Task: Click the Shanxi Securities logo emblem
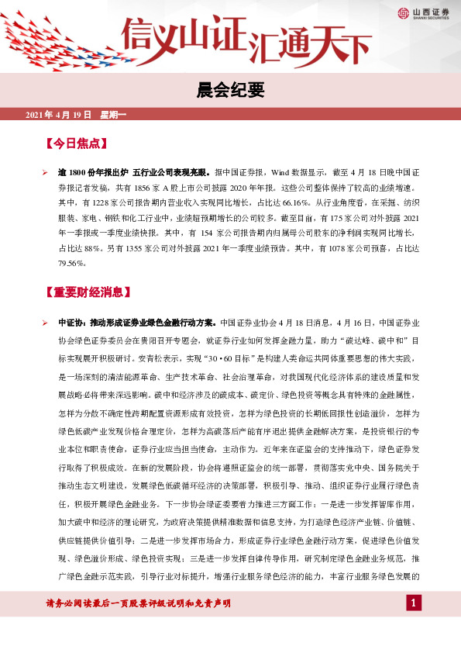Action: tap(403, 12)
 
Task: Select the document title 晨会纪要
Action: tap(230, 91)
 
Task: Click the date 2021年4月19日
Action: tap(59, 116)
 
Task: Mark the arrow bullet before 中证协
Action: tap(45, 320)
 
